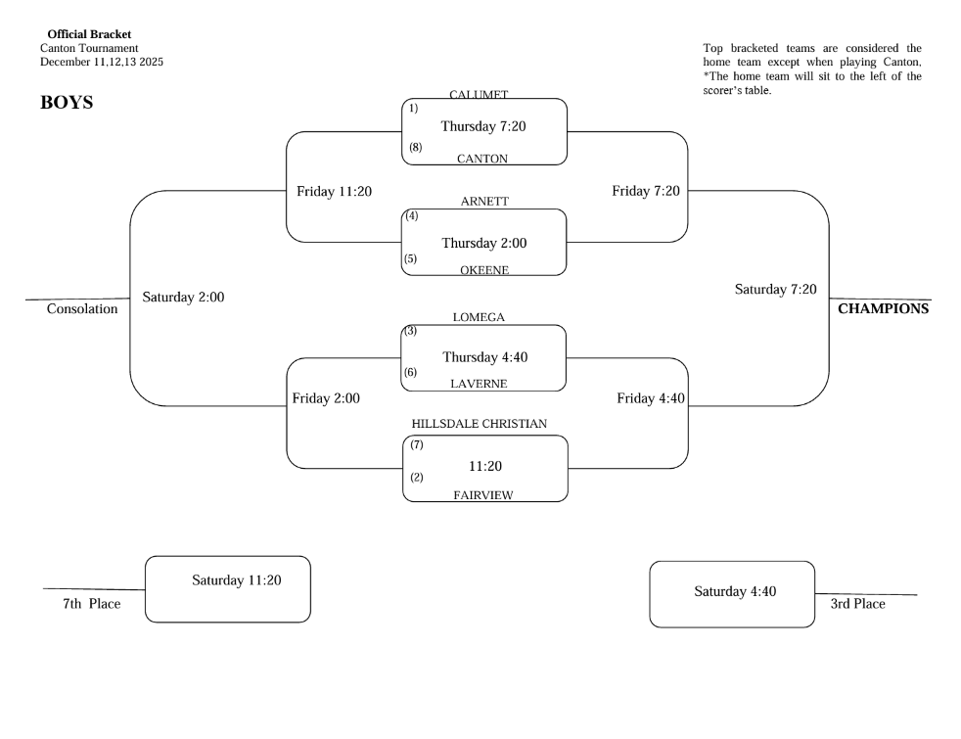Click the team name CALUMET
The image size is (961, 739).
[x=479, y=95]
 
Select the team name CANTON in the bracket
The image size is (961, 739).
[x=482, y=159]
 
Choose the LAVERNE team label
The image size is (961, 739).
[x=479, y=384]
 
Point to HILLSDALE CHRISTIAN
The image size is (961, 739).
[x=479, y=423]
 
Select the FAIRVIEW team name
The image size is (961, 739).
[x=482, y=495]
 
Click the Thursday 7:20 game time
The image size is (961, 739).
[x=484, y=126]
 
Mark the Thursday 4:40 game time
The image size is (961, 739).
[x=484, y=357]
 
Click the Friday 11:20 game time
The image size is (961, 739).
[x=334, y=191]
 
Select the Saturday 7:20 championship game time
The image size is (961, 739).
[x=775, y=289]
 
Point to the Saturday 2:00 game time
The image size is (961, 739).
[x=183, y=297]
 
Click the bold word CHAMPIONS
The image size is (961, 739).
[x=884, y=309]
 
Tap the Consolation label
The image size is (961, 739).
[x=82, y=309]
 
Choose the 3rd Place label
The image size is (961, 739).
[x=857, y=604]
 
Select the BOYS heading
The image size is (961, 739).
[x=67, y=102]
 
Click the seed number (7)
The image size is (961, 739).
[x=416, y=445]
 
